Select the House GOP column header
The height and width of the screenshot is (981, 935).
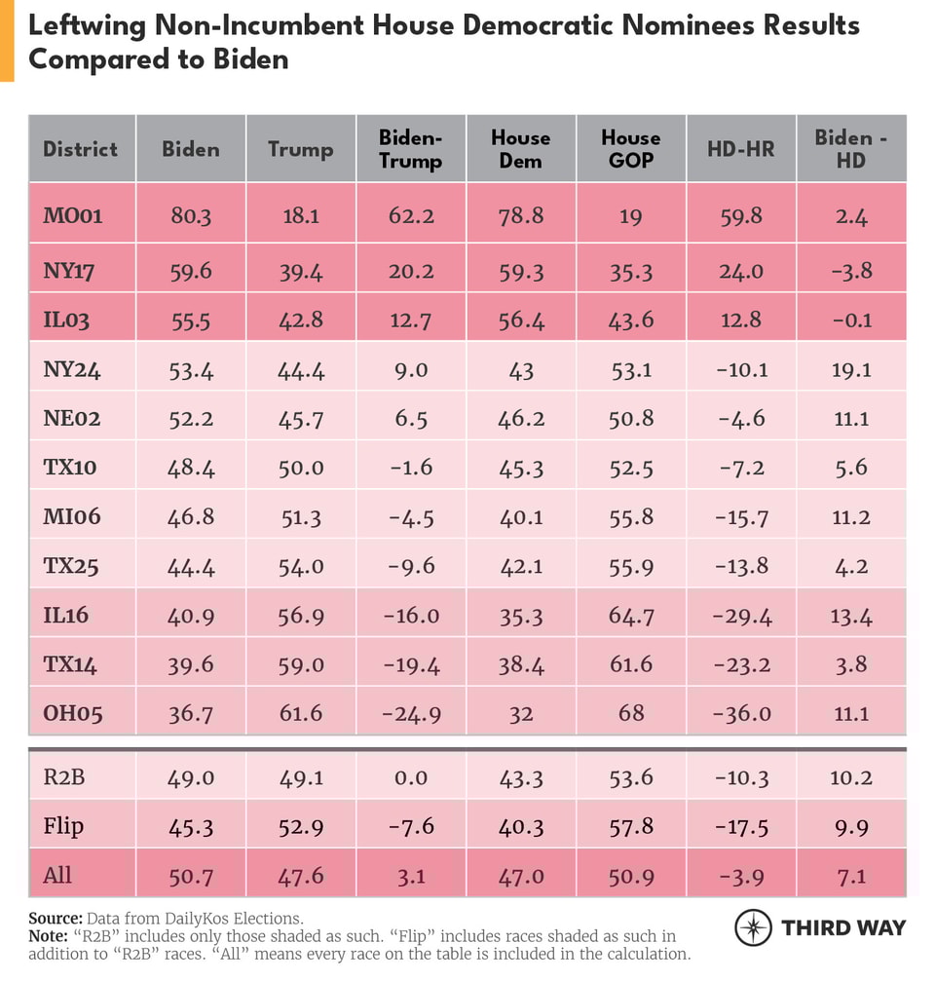tap(630, 149)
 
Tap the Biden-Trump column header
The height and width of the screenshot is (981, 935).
tap(410, 149)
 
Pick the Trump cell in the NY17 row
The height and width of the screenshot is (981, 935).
tap(300, 270)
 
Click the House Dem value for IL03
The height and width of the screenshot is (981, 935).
tap(520, 321)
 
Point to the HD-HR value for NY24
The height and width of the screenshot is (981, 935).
tap(740, 370)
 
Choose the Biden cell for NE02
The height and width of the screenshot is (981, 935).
tap(190, 419)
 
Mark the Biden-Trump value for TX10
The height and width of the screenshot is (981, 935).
tap(410, 468)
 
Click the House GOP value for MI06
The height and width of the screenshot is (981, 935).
tap(630, 517)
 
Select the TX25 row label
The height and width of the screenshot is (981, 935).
tap(70, 566)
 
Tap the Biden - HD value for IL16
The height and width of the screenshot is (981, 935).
tap(850, 616)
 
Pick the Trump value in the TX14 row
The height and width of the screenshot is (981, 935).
tap(300, 664)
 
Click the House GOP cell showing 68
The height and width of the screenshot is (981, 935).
tap(630, 713)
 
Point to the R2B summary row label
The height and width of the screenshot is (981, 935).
tap(63, 777)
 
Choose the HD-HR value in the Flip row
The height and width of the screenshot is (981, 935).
tap(740, 826)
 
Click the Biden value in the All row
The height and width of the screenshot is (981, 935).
tap(190, 875)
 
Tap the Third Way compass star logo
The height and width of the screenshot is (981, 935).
tap(752, 927)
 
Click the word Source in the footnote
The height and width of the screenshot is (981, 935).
tap(56, 918)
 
